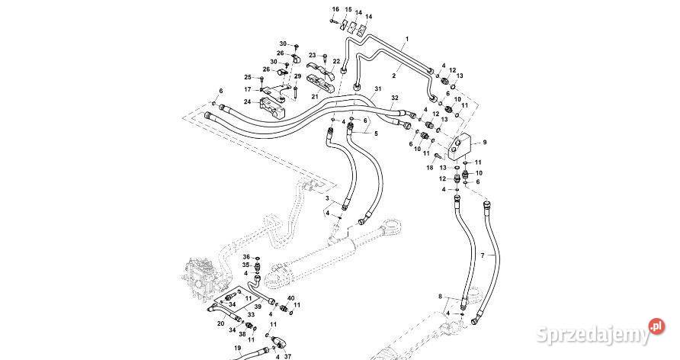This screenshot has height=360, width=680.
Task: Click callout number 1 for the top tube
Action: [x=407, y=39]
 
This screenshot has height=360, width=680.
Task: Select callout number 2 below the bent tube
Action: [x=395, y=76]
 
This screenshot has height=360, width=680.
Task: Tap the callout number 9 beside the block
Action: [x=483, y=143]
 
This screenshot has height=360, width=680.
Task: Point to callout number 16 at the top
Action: [x=334, y=9]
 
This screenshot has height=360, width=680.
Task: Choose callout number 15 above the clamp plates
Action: [x=348, y=9]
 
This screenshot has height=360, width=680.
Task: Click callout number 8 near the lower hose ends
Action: [x=440, y=295]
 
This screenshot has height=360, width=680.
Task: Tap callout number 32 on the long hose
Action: [x=394, y=98]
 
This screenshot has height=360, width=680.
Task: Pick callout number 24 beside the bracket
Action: [x=247, y=101]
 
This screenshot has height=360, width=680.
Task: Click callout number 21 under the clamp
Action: [x=315, y=97]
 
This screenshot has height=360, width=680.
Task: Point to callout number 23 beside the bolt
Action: [x=312, y=55]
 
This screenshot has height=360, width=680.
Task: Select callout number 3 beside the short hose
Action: [x=328, y=198]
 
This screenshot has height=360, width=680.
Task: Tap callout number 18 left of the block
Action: [x=430, y=166]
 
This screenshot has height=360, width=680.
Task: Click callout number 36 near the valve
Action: [x=247, y=257]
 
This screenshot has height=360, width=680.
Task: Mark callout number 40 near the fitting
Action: [x=290, y=297]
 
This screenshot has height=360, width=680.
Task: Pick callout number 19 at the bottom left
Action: [x=237, y=348]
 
